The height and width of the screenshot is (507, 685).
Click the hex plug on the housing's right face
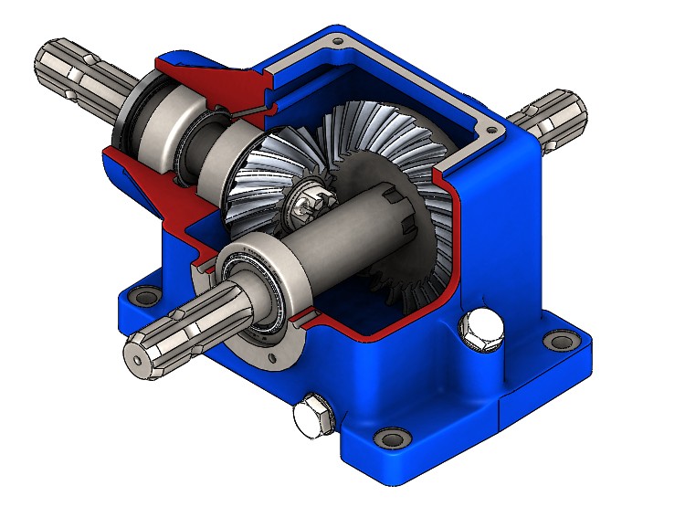pos(483,330)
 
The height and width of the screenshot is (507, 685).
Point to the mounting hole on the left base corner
pos(143,297)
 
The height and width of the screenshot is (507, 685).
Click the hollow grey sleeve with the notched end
pos(347,228)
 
